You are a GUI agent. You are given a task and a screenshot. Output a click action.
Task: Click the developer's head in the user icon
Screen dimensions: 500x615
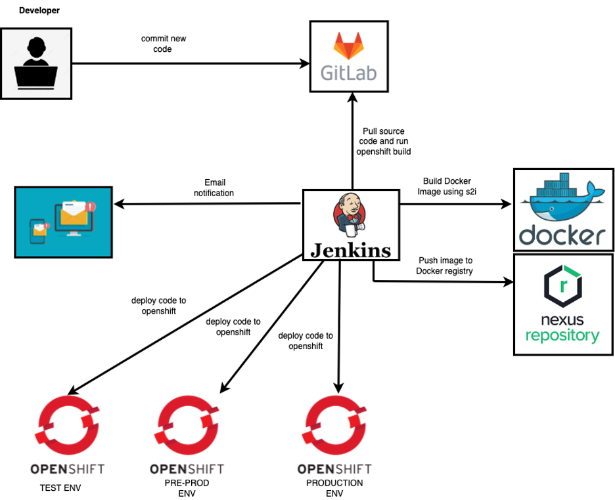(x=35, y=49)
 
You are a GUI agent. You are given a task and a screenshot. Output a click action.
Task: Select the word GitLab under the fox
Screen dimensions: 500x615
(x=349, y=72)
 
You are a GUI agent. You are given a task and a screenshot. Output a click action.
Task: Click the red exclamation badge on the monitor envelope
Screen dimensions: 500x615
(x=91, y=207)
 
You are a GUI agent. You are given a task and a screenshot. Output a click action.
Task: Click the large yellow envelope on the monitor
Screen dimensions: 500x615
(x=74, y=215)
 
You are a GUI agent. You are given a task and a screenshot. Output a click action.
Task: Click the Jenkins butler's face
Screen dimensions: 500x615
(x=350, y=208)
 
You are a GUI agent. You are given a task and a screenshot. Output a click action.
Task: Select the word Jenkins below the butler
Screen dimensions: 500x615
(x=351, y=250)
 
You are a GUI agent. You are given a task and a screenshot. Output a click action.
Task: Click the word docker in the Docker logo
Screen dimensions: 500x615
(x=562, y=236)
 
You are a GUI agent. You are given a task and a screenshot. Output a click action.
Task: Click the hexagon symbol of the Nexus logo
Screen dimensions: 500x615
(x=563, y=285)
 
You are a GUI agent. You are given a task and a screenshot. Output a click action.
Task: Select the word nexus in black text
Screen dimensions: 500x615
(x=562, y=321)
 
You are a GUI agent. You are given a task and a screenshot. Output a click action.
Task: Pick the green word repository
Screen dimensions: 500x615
(x=562, y=336)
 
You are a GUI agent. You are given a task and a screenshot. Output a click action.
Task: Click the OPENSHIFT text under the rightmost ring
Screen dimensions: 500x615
(x=334, y=469)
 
